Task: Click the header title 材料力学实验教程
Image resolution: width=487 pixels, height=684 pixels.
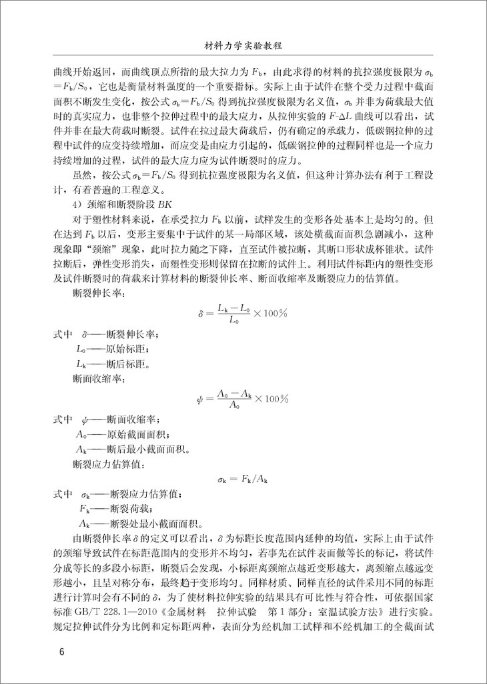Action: [243, 47]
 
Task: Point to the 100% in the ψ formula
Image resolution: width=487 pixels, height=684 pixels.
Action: [274, 400]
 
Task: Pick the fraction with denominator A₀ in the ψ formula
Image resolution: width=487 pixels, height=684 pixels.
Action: [233, 400]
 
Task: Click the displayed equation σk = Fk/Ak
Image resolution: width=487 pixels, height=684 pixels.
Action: [243, 478]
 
